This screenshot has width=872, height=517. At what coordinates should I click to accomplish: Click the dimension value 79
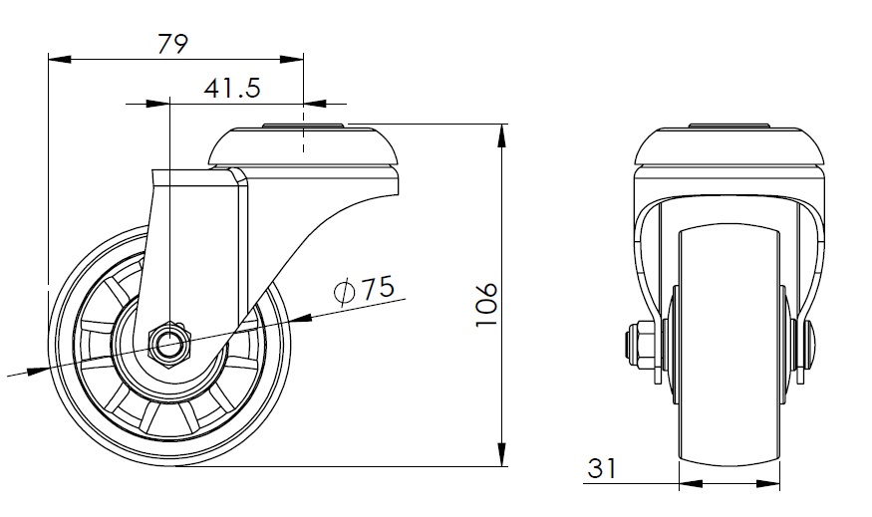174,43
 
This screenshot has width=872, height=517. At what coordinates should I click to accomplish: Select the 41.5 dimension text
232,89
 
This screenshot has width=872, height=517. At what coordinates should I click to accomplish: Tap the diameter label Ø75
366,290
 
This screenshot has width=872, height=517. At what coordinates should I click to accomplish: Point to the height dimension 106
485,303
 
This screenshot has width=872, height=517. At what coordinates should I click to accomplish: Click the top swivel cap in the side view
303,147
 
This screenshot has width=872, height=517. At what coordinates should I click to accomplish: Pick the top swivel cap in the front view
729,146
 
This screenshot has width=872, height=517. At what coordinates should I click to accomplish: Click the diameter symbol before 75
345,291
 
